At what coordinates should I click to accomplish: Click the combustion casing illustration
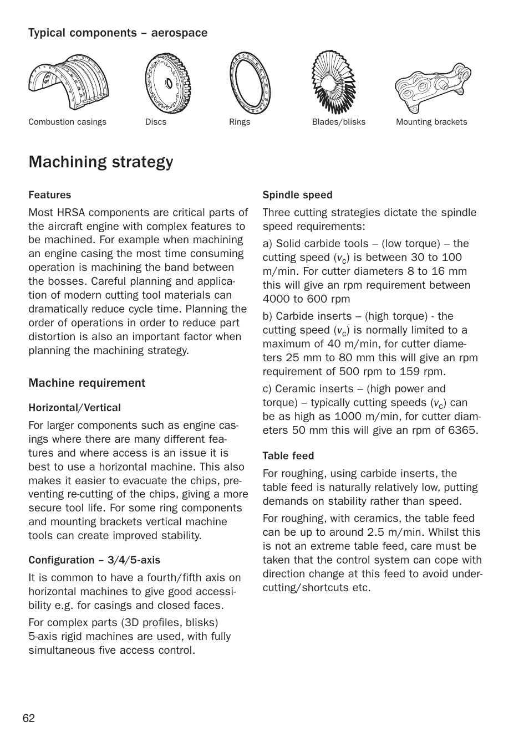click(68, 82)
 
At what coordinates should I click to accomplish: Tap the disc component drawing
click(167, 83)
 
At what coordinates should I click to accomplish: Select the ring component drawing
click(250, 83)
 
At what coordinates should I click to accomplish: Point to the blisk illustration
click(333, 82)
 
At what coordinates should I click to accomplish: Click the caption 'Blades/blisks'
click(338, 122)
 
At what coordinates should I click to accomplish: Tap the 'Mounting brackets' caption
click(431, 122)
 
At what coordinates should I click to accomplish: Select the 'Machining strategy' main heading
click(101, 162)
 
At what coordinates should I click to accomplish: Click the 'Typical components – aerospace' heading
click(118, 33)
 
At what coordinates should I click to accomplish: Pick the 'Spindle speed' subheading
click(297, 195)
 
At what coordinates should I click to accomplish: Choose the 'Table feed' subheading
click(288, 456)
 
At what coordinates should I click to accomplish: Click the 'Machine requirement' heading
click(87, 383)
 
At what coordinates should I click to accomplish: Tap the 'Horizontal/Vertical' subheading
click(74, 408)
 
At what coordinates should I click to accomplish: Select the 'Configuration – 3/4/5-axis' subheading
click(94, 560)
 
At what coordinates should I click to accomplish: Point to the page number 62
click(29, 719)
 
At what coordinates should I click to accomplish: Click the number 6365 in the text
click(462, 431)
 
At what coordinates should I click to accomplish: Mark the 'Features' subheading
click(50, 195)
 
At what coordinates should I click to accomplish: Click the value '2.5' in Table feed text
click(376, 532)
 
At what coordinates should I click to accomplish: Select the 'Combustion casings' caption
click(67, 122)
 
